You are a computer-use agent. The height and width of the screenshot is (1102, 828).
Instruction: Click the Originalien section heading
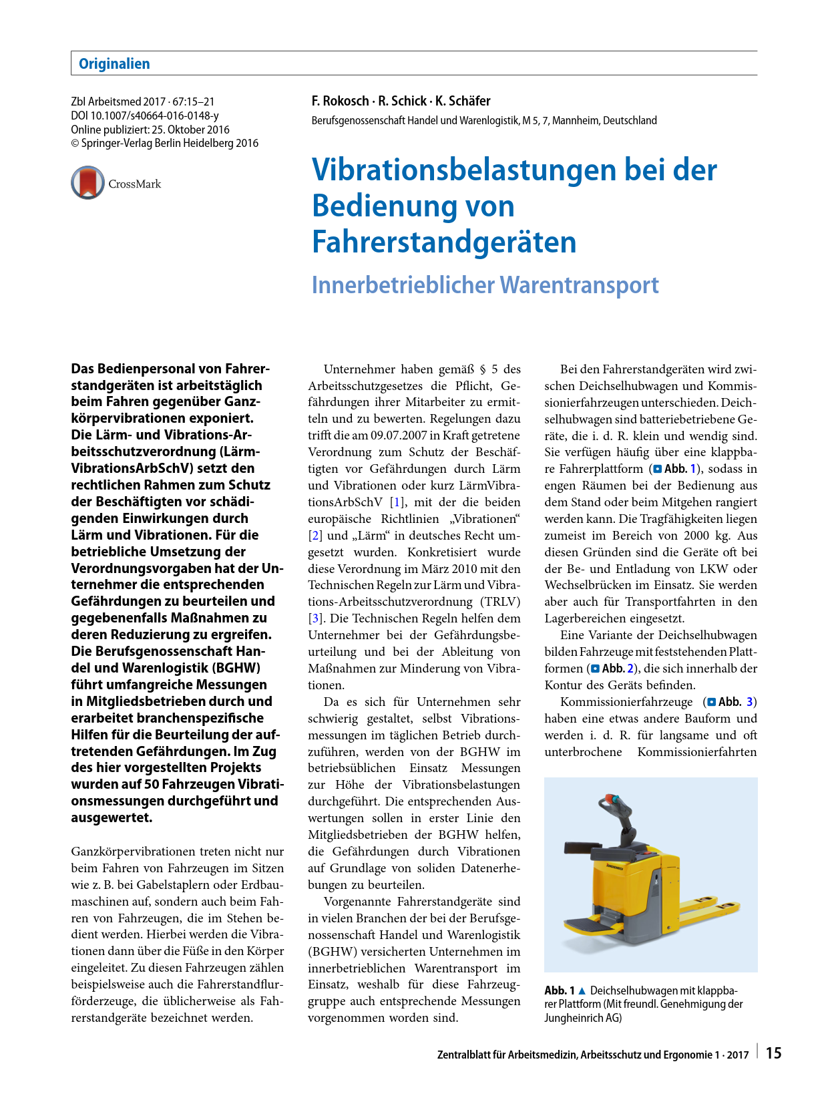114,64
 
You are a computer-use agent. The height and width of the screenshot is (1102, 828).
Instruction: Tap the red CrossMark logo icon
87,183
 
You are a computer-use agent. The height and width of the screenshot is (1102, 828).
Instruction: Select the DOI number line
145,116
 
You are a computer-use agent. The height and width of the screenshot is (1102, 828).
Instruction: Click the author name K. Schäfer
463,101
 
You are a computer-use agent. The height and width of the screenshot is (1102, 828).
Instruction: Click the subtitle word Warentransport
579,285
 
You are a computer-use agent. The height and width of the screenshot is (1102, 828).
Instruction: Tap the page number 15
773,1053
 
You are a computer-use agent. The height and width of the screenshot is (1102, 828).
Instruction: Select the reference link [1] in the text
397,502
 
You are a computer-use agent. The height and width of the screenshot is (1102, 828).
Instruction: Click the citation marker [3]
315,618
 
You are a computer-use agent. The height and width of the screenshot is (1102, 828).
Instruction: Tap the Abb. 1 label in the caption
560,990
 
